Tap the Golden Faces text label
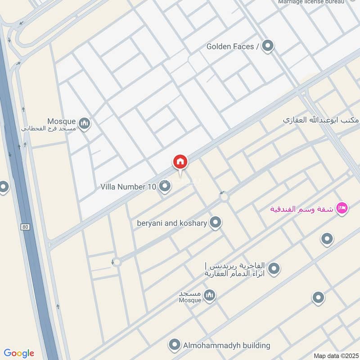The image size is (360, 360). pyautogui.click(x=233, y=46)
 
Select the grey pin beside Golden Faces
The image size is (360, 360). pyautogui.click(x=268, y=46)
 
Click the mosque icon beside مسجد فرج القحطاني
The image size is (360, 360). pyautogui.click(x=84, y=123)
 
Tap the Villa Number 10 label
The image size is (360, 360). pyautogui.click(x=128, y=186)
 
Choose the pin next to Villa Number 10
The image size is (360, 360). pyautogui.click(x=165, y=186)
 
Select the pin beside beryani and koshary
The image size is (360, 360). pyautogui.click(x=216, y=222)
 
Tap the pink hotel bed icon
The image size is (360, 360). pyautogui.click(x=342, y=208)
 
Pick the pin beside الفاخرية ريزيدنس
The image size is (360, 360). pyautogui.click(x=274, y=269)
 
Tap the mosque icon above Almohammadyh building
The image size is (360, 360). pyautogui.click(x=209, y=295)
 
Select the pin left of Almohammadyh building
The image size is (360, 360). pyautogui.click(x=175, y=345)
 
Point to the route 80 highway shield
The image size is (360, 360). pyautogui.click(x=26, y=227)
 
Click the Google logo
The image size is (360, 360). pyautogui.click(x=19, y=353)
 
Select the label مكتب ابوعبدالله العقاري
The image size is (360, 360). pyautogui.click(x=320, y=120)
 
